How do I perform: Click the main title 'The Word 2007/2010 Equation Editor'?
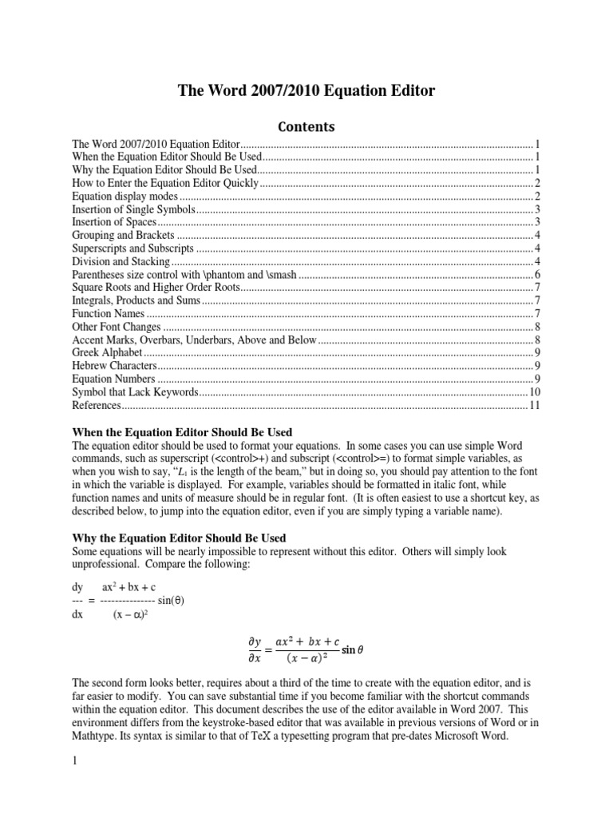point(306,91)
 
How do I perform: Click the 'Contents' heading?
point(306,126)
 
